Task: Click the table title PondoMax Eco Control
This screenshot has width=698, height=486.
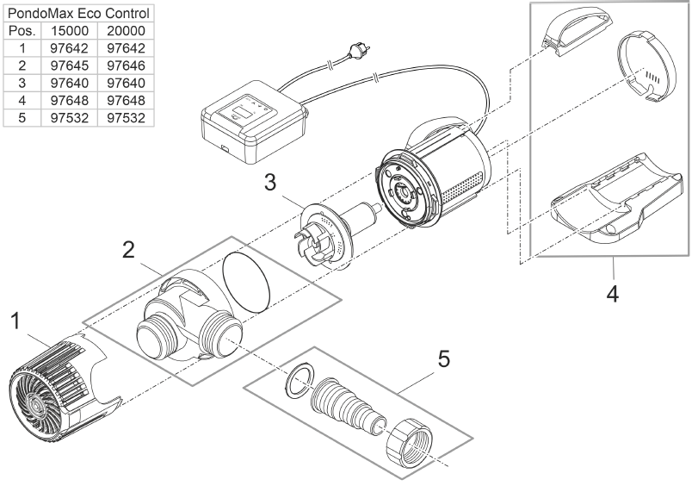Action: [x=79, y=15]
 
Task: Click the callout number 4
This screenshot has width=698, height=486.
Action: [x=613, y=293]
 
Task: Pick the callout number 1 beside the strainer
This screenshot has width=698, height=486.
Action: [x=15, y=321]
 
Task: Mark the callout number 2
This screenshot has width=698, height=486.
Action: [x=127, y=250]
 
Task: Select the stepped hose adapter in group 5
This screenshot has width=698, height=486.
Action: [x=344, y=406]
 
